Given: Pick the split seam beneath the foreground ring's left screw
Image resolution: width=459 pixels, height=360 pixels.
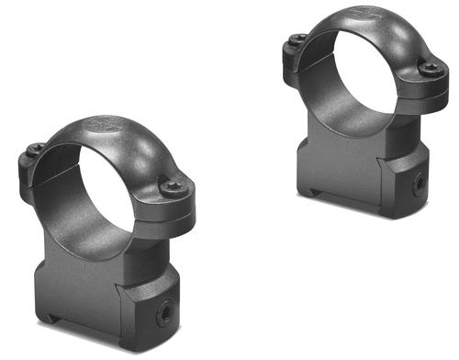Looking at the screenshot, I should pos(35,165).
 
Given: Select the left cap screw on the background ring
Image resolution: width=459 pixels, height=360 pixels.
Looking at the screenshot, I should pos(297,38).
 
